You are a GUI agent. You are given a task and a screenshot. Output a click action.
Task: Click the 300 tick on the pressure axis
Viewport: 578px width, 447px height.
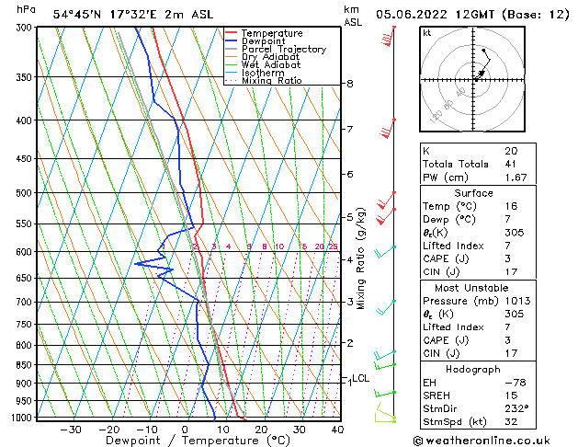[x=24, y=28]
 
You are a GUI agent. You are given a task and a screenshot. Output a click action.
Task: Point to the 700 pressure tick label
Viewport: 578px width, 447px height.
[x=24, y=302]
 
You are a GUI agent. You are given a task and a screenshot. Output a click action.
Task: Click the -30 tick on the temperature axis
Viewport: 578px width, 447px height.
[x=71, y=430]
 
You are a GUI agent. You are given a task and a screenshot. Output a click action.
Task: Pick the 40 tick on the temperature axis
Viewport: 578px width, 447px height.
[x=337, y=430]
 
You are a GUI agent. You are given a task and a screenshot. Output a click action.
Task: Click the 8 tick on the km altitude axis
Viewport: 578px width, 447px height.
[x=350, y=84]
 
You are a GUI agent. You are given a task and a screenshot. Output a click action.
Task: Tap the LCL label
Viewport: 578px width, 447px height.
[x=360, y=378]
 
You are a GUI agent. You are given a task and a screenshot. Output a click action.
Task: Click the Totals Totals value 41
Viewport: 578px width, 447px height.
[x=511, y=164]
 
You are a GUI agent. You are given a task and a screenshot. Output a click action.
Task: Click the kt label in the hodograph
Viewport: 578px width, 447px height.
[x=426, y=33]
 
